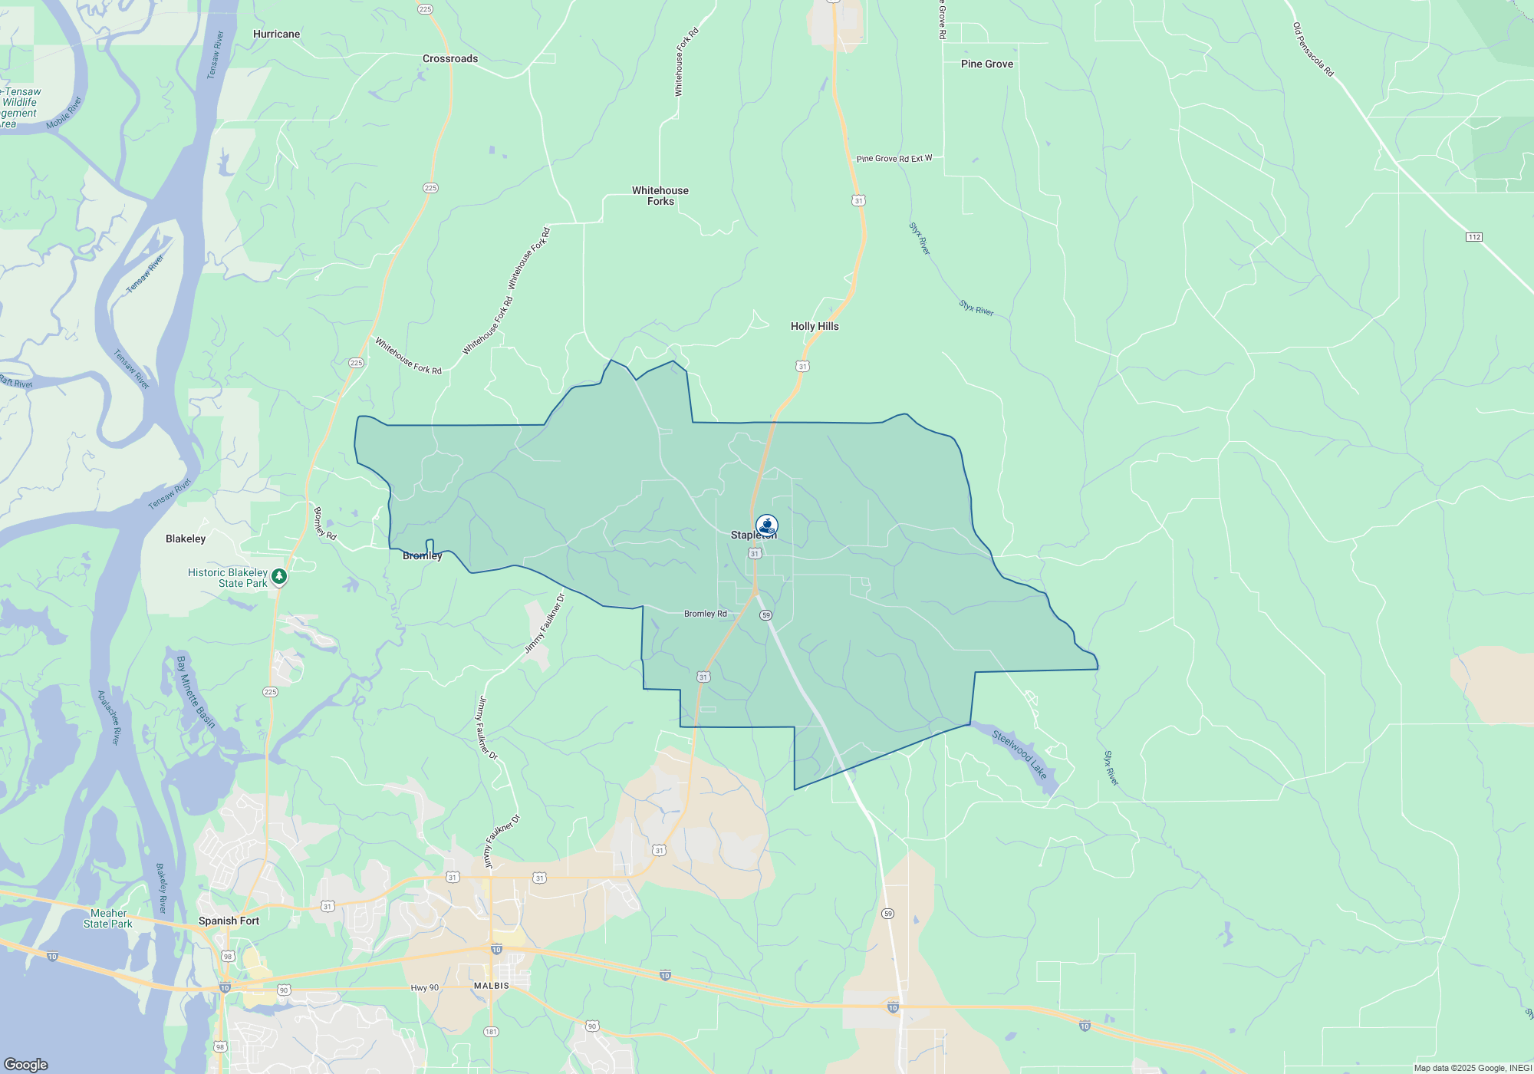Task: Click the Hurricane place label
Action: click(x=276, y=35)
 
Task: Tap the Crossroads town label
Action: click(x=450, y=59)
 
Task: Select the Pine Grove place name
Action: click(x=986, y=64)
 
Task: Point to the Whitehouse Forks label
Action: click(x=660, y=196)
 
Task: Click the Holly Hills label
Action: click(x=815, y=327)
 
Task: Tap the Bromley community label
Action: click(x=422, y=556)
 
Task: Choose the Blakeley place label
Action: click(x=186, y=539)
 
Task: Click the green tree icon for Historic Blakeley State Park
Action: click(x=280, y=576)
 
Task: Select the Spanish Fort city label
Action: click(x=229, y=921)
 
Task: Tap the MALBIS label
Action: click(x=491, y=986)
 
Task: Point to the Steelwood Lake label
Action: click(x=1019, y=755)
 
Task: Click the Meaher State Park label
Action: click(x=108, y=919)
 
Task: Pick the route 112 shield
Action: click(x=1474, y=237)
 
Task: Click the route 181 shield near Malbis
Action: click(x=491, y=1032)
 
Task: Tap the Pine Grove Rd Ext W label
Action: click(x=894, y=159)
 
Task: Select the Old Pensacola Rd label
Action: click(x=1313, y=50)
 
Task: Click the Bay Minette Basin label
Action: click(x=196, y=692)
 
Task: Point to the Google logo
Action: click(x=26, y=1065)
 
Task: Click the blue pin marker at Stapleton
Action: click(x=766, y=525)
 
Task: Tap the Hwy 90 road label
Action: click(x=424, y=988)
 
